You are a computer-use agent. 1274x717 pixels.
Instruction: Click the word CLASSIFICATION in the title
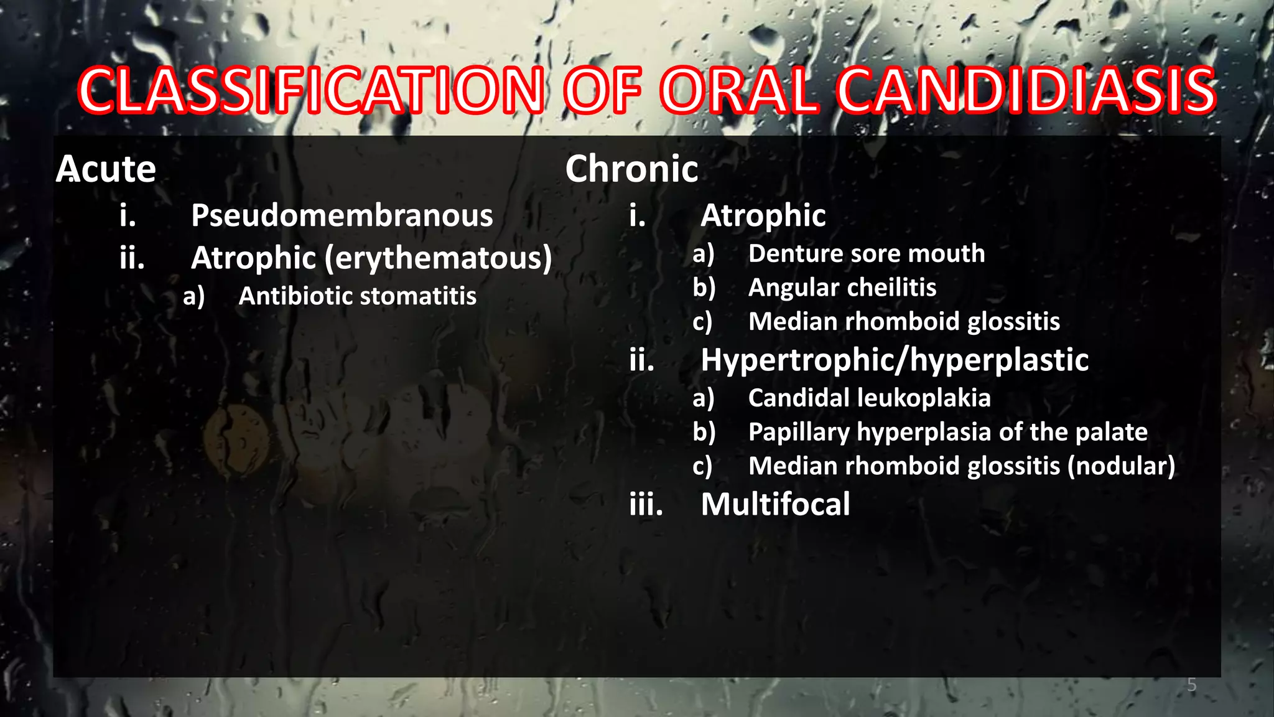click(x=311, y=91)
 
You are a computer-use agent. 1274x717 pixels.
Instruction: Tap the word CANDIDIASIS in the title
click(x=1025, y=91)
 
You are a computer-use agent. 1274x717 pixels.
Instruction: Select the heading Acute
click(x=106, y=169)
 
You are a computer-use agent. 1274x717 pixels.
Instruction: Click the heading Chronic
click(x=631, y=169)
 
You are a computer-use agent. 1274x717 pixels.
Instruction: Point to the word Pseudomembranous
click(x=342, y=216)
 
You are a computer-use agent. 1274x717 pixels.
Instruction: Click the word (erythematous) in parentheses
click(x=438, y=258)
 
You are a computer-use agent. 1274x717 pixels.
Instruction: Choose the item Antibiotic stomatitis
click(x=357, y=296)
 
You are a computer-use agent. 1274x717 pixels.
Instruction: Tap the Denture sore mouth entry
click(x=866, y=254)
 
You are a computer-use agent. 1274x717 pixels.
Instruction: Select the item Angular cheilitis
click(x=842, y=288)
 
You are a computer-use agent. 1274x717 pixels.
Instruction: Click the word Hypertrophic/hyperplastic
click(x=894, y=360)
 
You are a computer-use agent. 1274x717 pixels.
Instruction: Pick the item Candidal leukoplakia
click(x=869, y=398)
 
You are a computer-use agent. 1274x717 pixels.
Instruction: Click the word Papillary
click(x=799, y=433)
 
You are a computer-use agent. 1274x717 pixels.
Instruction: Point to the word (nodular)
click(x=1121, y=466)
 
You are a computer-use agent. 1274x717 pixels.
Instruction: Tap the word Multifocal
click(x=775, y=504)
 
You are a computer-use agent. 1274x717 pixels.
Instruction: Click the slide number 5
click(x=1191, y=685)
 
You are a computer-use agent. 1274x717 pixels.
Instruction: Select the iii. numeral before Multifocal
click(x=646, y=504)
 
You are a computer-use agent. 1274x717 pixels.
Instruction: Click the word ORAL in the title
click(x=738, y=91)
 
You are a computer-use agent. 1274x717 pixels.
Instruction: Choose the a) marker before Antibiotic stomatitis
click(x=193, y=297)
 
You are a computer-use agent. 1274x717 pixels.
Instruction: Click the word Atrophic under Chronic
click(x=763, y=216)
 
